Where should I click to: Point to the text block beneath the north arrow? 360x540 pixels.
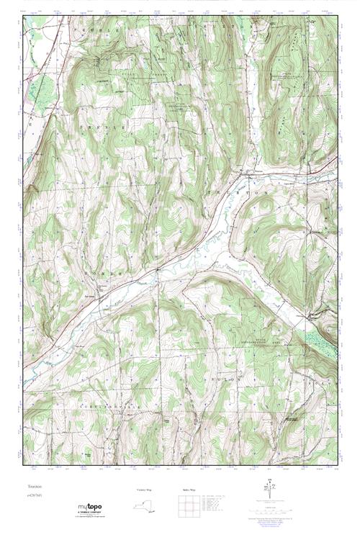[x=271, y=513]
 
